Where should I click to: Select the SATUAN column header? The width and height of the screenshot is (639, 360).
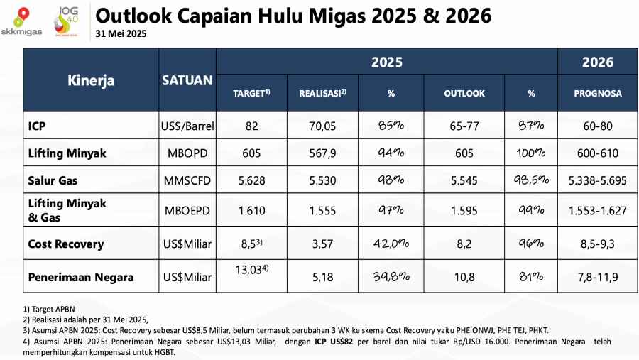(187, 80)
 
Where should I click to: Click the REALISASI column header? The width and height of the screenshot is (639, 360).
(322, 93)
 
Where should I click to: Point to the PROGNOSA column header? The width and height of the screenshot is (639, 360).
(597, 93)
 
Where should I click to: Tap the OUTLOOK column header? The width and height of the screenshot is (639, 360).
(464, 93)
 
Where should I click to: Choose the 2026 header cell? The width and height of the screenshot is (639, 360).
(597, 62)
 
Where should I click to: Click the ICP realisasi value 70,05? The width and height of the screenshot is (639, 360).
(322, 126)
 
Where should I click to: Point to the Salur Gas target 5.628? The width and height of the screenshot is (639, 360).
(251, 180)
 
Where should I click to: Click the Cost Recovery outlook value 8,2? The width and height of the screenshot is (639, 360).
(464, 244)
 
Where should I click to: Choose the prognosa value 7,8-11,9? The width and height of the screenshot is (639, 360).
(597, 277)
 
